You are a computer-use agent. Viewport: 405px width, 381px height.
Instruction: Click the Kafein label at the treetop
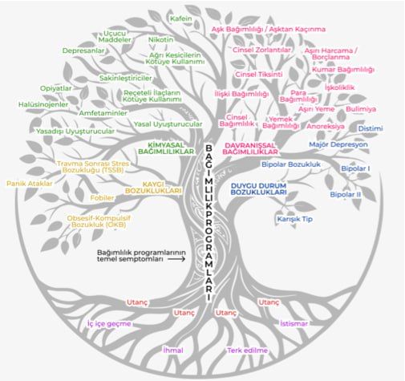pyautogui.click(x=181, y=18)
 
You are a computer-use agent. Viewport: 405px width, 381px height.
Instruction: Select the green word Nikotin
pyautogui.click(x=161, y=39)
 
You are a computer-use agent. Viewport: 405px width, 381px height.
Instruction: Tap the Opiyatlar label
pyautogui.click(x=56, y=88)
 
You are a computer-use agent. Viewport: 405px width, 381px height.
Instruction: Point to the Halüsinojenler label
pyautogui.click(x=43, y=104)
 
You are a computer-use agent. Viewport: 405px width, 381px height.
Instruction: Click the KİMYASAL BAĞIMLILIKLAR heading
pyautogui.click(x=166, y=148)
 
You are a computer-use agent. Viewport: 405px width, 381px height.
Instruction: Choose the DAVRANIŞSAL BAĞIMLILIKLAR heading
pyautogui.click(x=250, y=148)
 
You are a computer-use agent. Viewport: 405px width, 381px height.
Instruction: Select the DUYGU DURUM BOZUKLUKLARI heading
pyautogui.click(x=258, y=189)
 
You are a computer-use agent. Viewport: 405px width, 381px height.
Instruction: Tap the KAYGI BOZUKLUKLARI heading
pyautogui.click(x=153, y=188)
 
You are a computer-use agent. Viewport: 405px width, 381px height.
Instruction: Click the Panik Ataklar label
pyautogui.click(x=30, y=184)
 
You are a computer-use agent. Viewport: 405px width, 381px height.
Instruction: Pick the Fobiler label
pyautogui.click(x=102, y=198)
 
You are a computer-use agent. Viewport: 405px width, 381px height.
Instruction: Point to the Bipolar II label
pyautogui.click(x=346, y=195)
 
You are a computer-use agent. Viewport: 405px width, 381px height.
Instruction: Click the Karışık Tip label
pyautogui.click(x=294, y=219)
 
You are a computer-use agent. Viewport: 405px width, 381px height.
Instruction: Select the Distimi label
pyautogui.click(x=371, y=128)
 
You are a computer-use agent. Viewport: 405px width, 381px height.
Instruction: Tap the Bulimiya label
pyautogui.click(x=361, y=109)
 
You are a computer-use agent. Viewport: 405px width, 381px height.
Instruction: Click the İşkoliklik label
pyautogui.click(x=340, y=87)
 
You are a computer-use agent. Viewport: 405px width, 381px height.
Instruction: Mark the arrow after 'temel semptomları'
pyautogui.click(x=176, y=259)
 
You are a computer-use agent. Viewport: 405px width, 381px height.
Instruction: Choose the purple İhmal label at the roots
pyautogui.click(x=173, y=351)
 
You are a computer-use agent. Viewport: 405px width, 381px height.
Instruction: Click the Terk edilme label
pyautogui.click(x=247, y=351)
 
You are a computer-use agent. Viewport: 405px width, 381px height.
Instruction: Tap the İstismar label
pyautogui.click(x=294, y=324)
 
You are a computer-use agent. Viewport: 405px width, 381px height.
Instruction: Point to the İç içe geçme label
pyautogui.click(x=109, y=324)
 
